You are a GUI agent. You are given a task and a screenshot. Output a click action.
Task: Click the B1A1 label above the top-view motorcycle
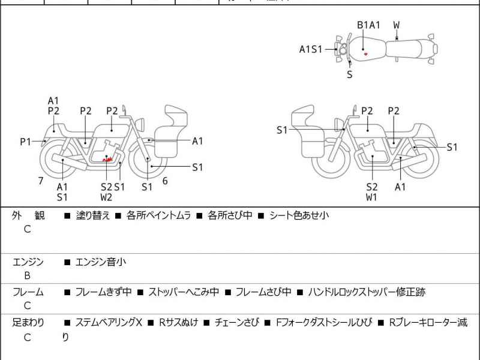(x=368, y=25)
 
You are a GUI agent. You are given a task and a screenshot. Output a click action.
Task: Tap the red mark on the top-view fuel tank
(x=365, y=54)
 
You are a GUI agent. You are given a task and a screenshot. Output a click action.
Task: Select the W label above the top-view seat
(x=397, y=25)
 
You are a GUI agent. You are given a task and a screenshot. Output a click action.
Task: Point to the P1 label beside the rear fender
(x=25, y=142)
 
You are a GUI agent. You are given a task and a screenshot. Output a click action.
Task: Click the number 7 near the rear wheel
(x=41, y=180)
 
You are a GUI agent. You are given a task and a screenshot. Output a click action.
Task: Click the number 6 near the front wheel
(x=164, y=181)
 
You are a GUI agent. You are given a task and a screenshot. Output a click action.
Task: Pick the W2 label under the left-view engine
(x=106, y=197)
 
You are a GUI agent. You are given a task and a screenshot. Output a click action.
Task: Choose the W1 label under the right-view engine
(x=372, y=197)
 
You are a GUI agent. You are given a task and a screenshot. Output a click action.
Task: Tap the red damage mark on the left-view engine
(x=107, y=160)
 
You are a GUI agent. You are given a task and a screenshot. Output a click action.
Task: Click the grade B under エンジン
(x=27, y=276)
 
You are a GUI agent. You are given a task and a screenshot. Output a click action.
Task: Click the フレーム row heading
(x=28, y=292)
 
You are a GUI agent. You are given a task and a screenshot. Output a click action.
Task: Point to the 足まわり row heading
(x=28, y=322)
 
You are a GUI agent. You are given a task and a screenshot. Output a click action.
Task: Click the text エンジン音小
(x=100, y=262)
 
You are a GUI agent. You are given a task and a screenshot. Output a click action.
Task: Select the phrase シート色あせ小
(x=299, y=215)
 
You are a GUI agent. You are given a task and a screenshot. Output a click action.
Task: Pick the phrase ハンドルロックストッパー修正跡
(x=367, y=292)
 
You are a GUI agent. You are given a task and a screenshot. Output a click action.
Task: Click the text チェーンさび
(x=237, y=322)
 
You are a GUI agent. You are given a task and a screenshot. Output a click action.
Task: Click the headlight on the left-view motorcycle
(x=139, y=123)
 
